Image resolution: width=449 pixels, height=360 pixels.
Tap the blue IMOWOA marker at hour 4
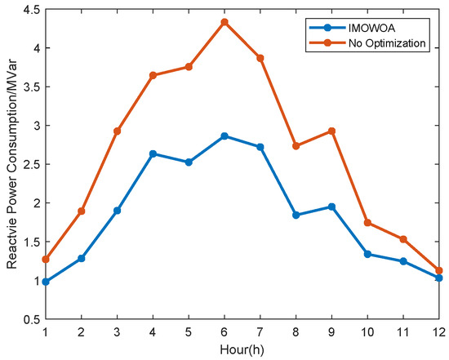[x=153, y=153]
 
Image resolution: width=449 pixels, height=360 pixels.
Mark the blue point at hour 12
[x=438, y=278]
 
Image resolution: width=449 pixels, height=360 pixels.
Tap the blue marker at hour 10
[x=367, y=254]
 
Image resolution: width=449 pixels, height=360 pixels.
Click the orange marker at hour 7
[x=260, y=58]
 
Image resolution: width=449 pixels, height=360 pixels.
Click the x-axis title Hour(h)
[x=242, y=348]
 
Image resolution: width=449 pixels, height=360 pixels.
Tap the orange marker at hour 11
[x=402, y=239]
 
